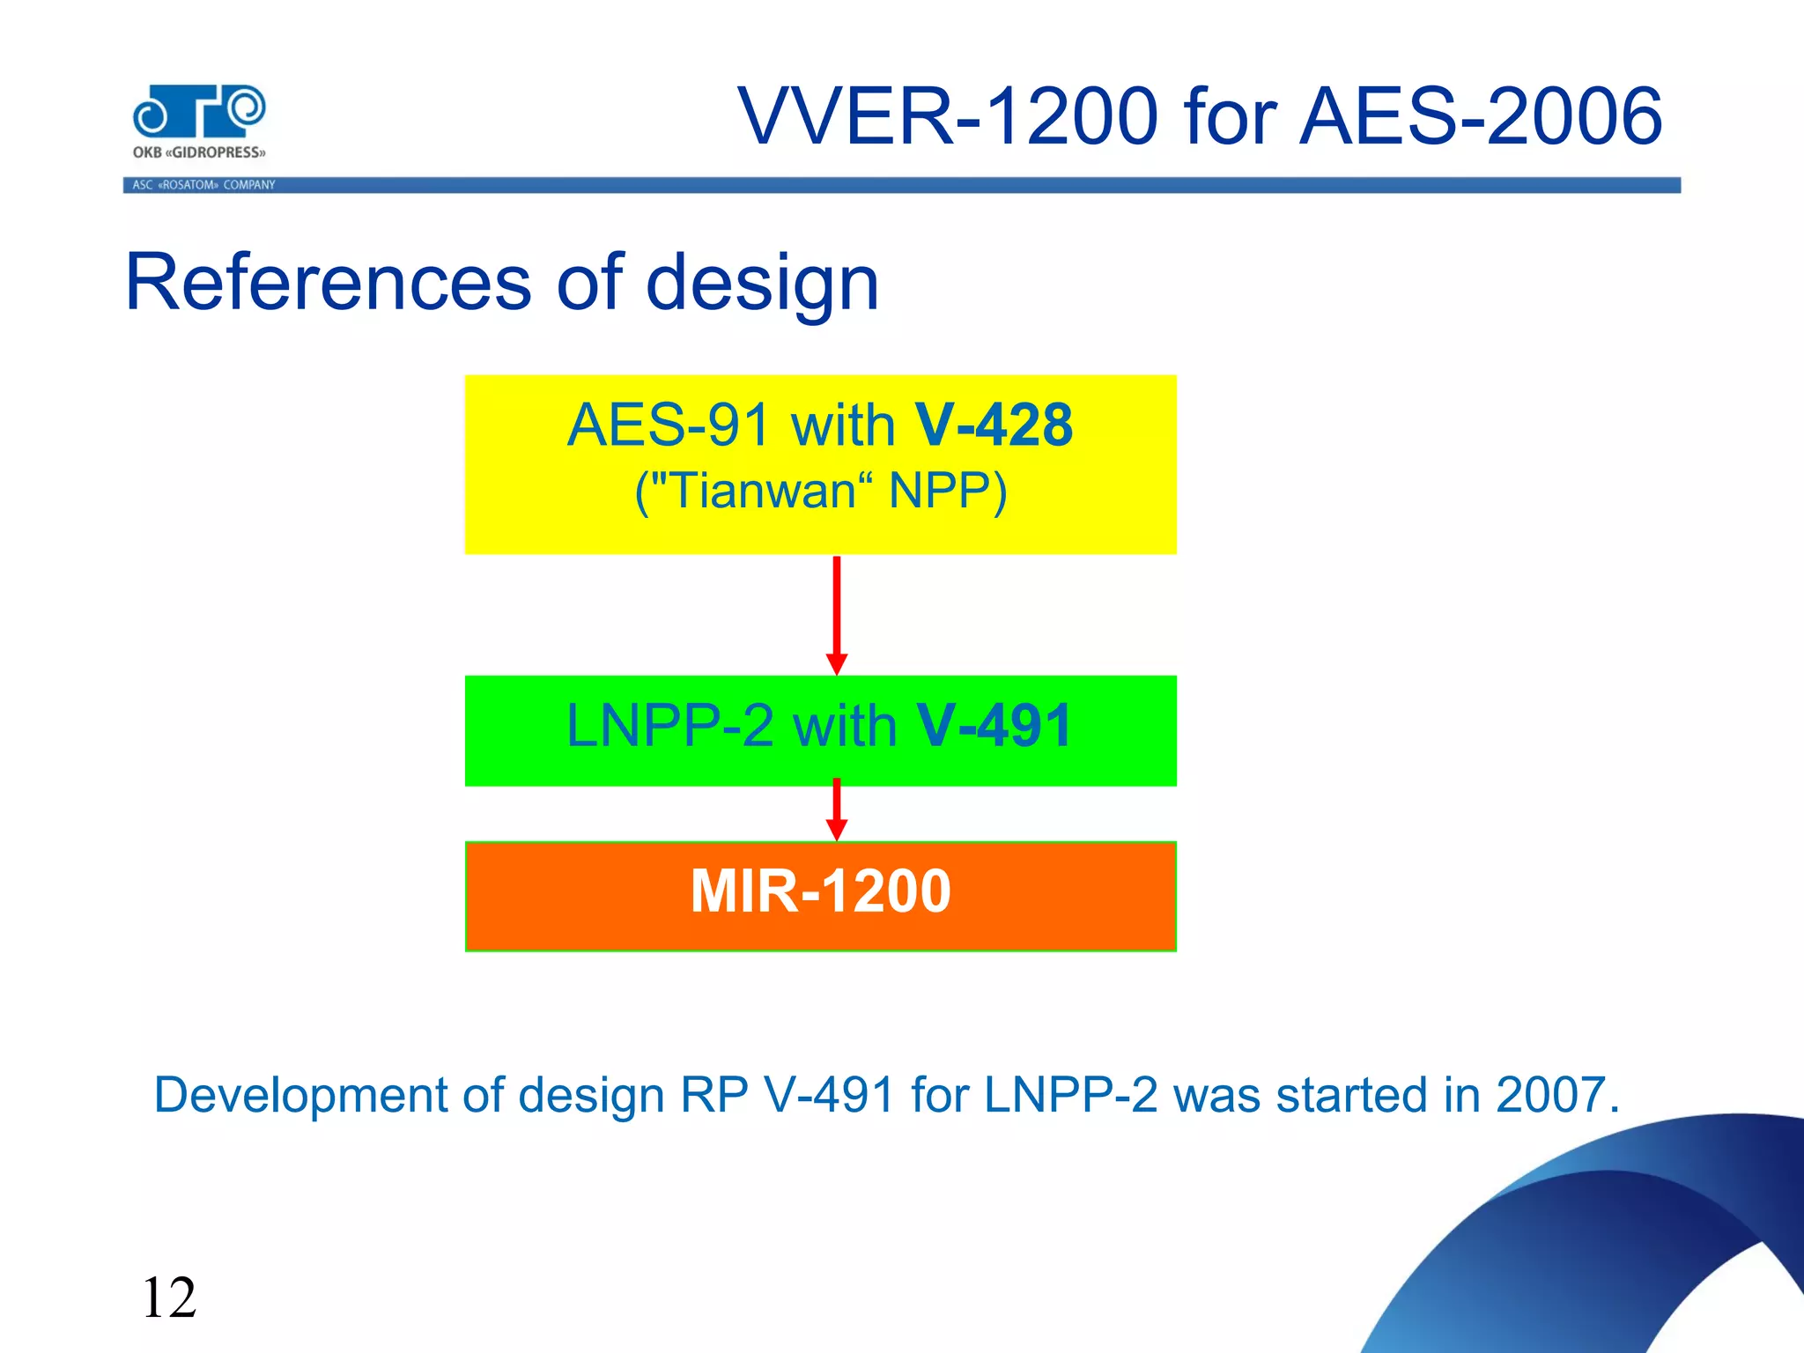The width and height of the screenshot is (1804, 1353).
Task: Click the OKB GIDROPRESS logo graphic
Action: click(199, 112)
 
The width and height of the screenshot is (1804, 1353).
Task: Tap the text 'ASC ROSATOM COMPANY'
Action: click(203, 185)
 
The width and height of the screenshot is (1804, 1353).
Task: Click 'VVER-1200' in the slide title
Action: click(948, 116)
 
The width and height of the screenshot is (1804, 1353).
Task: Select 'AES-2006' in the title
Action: click(1480, 116)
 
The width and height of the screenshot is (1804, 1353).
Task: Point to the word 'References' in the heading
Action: click(328, 283)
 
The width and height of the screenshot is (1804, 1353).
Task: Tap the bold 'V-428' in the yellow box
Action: click(994, 425)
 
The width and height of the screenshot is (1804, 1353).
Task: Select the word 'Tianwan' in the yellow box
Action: click(763, 491)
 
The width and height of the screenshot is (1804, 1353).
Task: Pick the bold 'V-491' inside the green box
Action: click(994, 727)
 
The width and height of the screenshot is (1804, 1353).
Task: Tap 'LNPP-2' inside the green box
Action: click(669, 727)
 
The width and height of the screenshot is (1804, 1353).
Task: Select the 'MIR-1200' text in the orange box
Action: click(820, 891)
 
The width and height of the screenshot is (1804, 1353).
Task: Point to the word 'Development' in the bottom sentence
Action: click(300, 1096)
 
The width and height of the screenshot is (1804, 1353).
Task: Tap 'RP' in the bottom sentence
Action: click(713, 1095)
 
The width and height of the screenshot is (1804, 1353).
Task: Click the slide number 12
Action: click(169, 1298)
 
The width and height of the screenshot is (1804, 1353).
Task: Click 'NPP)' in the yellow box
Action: click(948, 491)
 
